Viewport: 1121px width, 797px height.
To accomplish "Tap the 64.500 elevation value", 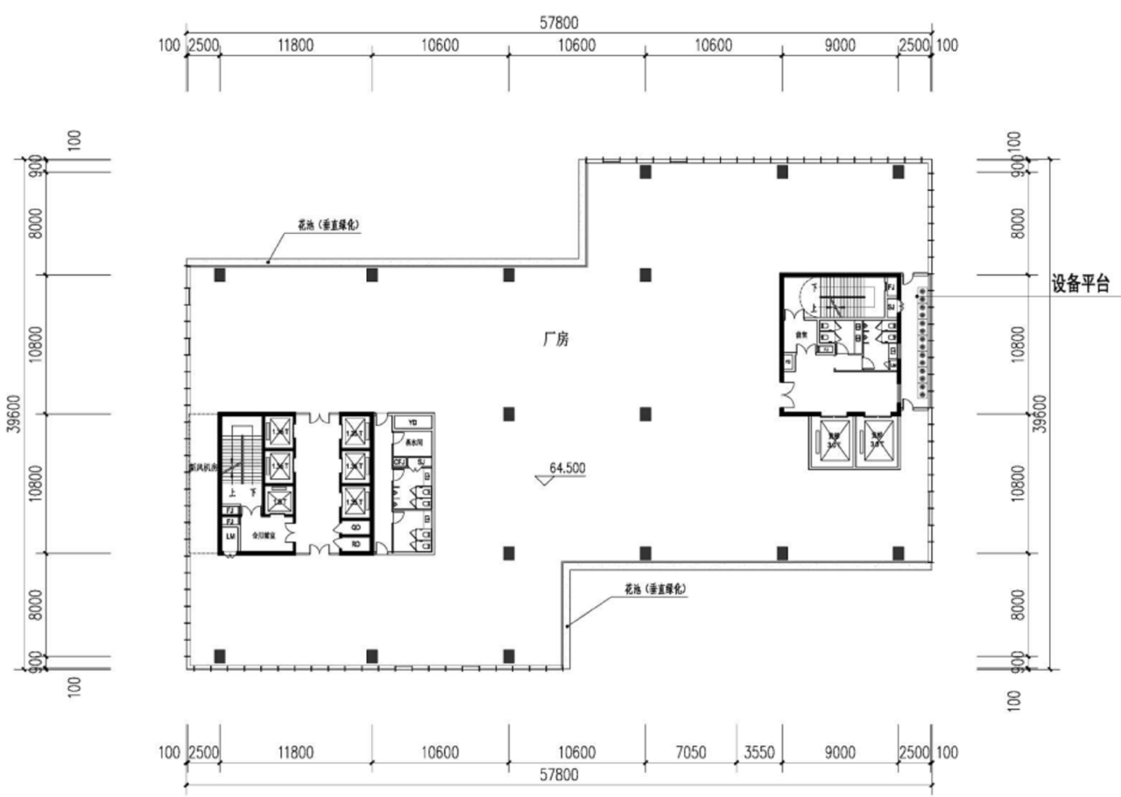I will click(567, 468).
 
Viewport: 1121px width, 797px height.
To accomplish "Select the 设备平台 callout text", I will click(1081, 284).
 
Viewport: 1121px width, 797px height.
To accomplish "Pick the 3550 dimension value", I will click(759, 752).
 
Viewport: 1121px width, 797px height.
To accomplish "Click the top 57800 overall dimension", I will click(559, 23).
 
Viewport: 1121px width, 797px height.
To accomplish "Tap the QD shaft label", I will click(356, 527).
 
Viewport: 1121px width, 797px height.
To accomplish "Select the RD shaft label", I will click(356, 543).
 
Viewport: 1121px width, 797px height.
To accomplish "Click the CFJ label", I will click(399, 462).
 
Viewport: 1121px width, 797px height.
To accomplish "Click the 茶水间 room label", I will click(412, 441).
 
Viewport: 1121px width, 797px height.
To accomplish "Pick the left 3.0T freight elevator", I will click(834, 441).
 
